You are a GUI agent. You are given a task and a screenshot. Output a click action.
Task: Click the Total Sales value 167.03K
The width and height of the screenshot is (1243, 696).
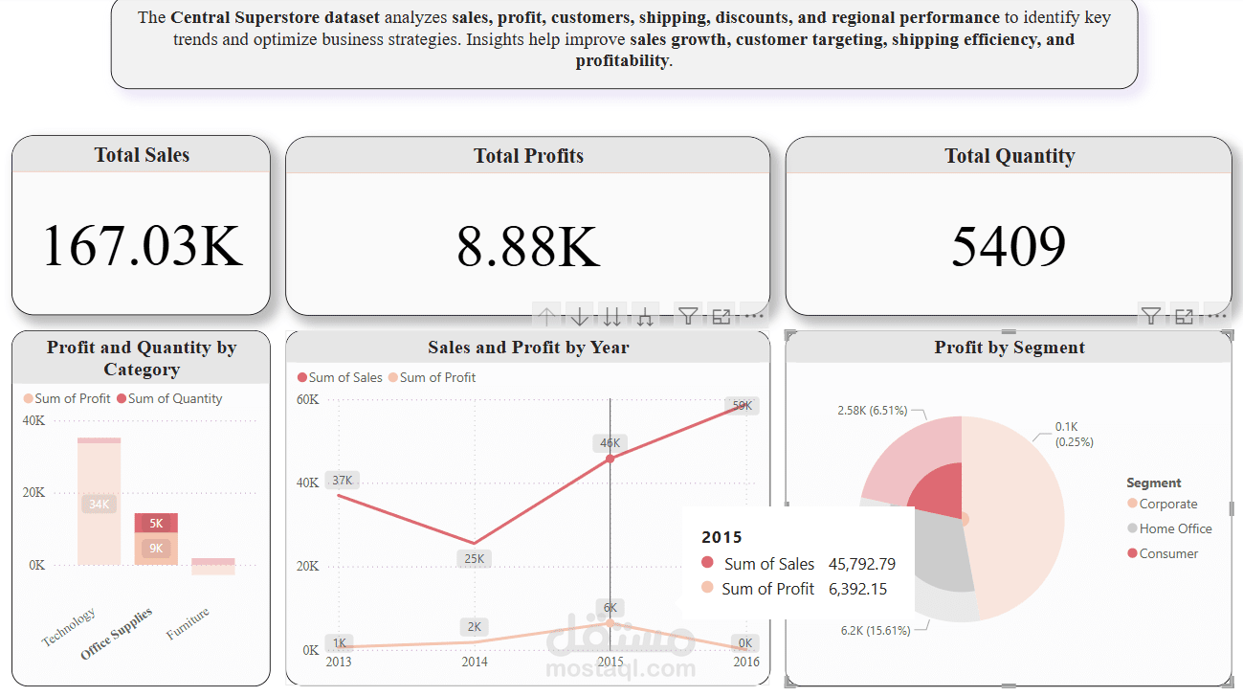(x=142, y=245)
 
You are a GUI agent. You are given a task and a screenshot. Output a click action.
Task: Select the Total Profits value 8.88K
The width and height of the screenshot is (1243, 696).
(x=528, y=245)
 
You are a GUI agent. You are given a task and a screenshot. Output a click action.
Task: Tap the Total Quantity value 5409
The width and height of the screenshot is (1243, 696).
(x=1009, y=245)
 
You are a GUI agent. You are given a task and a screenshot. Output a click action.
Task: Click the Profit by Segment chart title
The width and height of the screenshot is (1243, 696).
(x=1010, y=348)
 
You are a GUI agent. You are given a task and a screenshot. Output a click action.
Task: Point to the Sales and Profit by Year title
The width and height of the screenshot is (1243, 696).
(x=528, y=348)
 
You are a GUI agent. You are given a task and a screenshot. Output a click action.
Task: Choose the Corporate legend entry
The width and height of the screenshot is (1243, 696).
(x=1167, y=504)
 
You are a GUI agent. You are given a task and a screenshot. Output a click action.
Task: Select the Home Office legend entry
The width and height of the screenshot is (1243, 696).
(x=1175, y=528)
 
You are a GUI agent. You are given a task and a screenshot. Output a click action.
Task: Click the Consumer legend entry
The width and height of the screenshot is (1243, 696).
(x=1168, y=553)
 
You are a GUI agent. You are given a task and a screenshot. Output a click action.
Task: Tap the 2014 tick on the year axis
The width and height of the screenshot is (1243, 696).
(x=475, y=662)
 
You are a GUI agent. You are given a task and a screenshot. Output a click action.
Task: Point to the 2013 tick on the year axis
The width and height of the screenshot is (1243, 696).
(x=339, y=662)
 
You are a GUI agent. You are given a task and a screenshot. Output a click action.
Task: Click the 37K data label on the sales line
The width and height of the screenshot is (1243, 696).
(x=342, y=481)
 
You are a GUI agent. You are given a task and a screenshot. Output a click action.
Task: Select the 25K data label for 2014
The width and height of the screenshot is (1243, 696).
(x=475, y=558)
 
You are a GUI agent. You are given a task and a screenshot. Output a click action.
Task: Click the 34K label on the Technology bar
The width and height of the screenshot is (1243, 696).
(x=100, y=504)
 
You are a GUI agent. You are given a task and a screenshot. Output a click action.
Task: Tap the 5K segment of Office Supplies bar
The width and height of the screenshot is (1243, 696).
(x=156, y=523)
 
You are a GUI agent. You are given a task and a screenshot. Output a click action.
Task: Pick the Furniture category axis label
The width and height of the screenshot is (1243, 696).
(x=188, y=623)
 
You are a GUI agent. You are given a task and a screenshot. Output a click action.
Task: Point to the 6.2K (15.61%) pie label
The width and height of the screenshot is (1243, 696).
(x=875, y=630)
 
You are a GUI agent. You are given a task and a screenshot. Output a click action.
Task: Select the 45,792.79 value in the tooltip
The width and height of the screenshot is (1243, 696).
(x=862, y=564)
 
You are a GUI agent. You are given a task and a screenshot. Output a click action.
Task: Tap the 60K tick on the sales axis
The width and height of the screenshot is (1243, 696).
(x=307, y=399)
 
